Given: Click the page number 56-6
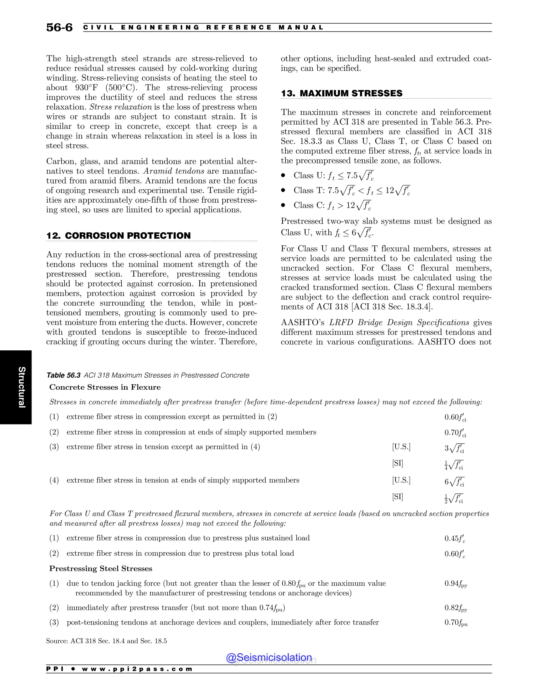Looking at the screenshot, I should click(x=59, y=28).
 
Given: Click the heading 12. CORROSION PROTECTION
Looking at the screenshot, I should click(x=118, y=236).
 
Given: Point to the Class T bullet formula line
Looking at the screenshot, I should click(x=351, y=191).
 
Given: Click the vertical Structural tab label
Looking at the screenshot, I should click(x=21, y=387).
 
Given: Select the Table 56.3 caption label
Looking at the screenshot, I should click(x=63, y=375).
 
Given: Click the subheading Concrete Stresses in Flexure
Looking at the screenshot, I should click(x=105, y=387).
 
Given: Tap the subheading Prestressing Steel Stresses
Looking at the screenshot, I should click(x=100, y=569).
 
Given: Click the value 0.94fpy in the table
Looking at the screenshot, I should click(x=456, y=584).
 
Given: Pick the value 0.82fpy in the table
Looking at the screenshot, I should click(x=456, y=608).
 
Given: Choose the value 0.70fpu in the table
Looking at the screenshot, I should click(x=456, y=622).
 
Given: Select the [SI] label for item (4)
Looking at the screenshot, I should click(x=397, y=496).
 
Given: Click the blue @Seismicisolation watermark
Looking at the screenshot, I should click(x=269, y=657).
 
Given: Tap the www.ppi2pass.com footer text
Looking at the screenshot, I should click(x=137, y=669).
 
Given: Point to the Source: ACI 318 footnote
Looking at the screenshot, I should click(x=106, y=641).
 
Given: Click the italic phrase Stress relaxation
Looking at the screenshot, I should click(x=121, y=107).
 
